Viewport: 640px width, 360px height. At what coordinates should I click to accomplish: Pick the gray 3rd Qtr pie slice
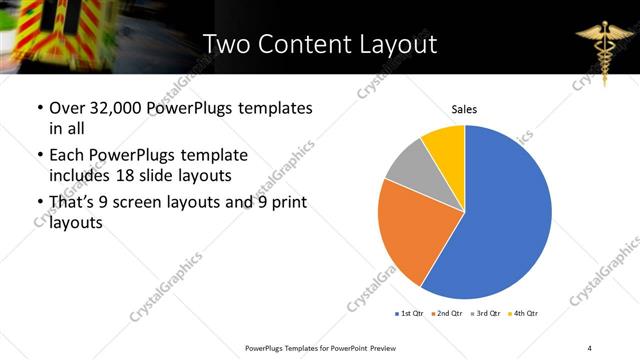point(410,167)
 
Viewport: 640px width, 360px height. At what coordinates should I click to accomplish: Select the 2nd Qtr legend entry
point(447,314)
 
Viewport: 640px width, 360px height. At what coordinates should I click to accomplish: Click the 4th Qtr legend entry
point(524,314)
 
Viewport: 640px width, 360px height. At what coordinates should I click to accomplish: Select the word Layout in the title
point(396,44)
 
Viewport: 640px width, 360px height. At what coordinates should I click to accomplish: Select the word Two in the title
point(228,44)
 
